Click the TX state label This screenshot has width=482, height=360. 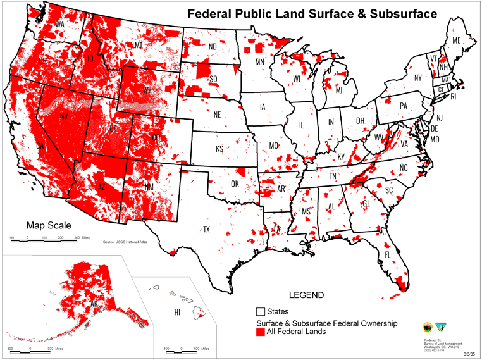pos(206,229)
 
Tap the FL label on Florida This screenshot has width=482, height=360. pos(388,254)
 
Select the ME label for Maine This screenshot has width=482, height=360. pos(455,40)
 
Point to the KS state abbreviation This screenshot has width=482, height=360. pos(219,149)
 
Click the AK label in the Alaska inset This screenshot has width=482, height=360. pos(76,303)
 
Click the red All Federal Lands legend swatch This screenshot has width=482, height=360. pos(260,332)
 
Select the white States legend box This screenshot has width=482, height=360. pos(260,312)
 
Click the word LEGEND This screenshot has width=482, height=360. pos(306,295)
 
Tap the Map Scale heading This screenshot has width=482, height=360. pos(49,225)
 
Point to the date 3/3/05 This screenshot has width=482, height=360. pos(470,354)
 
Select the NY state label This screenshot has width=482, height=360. pos(417,78)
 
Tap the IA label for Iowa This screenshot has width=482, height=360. pos(263,107)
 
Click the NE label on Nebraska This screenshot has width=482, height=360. pos(216,115)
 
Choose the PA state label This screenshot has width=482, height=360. pos(402,106)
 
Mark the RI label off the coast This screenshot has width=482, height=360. pos(471,97)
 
